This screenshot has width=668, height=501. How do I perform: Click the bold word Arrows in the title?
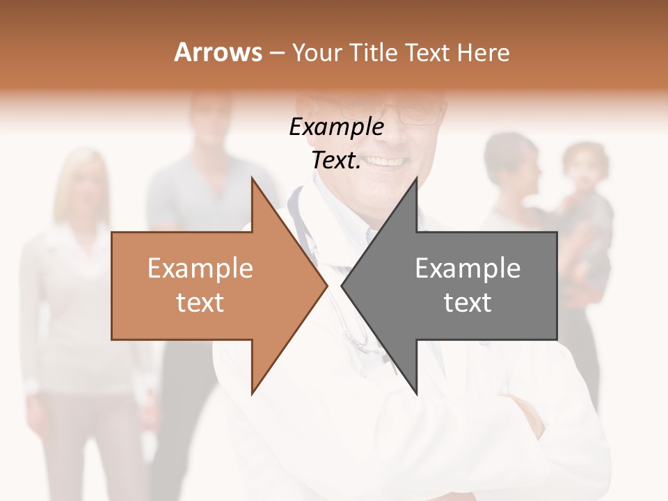click(x=218, y=52)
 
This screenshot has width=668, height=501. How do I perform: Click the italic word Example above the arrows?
click(x=336, y=127)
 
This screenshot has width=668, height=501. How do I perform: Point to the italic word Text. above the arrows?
click(x=336, y=161)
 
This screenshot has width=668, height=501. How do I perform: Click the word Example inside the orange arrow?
click(x=200, y=269)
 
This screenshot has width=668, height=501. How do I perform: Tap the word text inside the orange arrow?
click(x=200, y=303)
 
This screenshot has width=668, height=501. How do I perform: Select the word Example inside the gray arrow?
click(x=468, y=269)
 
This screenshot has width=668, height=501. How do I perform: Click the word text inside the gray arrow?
click(x=468, y=303)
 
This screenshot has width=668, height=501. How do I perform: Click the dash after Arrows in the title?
click(x=276, y=54)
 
